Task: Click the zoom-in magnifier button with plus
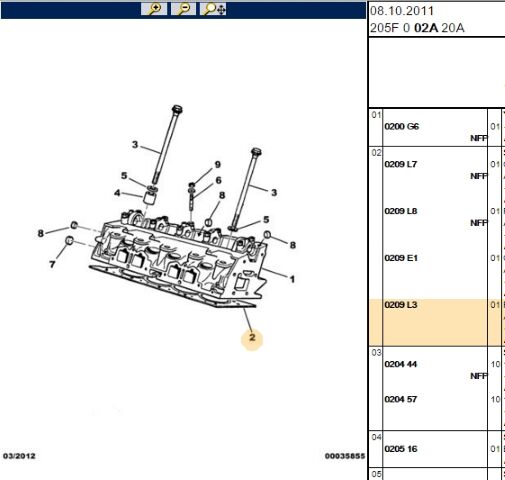tap(154, 9)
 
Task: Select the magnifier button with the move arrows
tap(214, 9)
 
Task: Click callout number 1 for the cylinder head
tap(292, 278)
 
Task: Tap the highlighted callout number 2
tap(253, 338)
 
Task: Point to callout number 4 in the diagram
tap(118, 193)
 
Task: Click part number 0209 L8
tap(401, 211)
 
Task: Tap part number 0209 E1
tap(401, 258)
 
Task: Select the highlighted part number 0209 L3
tap(401, 305)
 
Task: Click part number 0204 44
tap(401, 363)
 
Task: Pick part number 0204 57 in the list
tap(401, 399)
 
